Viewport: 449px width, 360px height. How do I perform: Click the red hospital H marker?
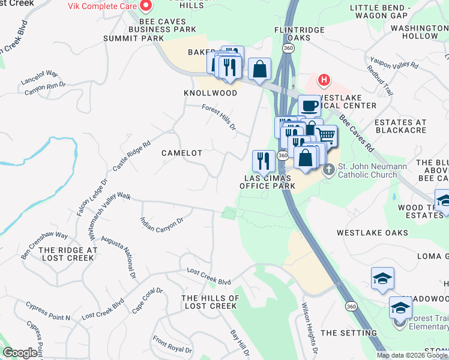tap(324, 79)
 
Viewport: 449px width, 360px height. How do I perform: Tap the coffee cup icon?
tap(309, 106)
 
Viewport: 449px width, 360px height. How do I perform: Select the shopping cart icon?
tap(326, 136)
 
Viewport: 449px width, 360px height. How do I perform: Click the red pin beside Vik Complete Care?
tap(145, 6)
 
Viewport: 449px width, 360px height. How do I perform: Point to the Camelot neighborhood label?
tap(182, 153)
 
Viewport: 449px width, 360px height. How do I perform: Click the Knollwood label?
tap(210, 94)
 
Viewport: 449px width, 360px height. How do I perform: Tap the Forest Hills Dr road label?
tap(219, 116)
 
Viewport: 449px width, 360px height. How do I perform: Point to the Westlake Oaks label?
tap(372, 232)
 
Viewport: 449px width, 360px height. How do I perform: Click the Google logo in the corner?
tap(20, 353)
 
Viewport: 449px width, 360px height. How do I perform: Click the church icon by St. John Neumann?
tap(328, 170)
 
